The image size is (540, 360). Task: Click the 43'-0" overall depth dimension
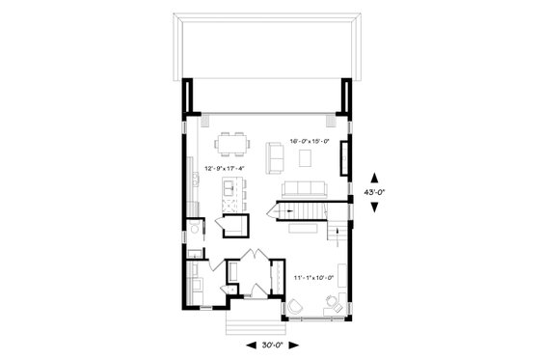pyautogui.click(x=376, y=191)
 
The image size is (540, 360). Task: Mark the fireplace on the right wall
pyautogui.click(x=343, y=153)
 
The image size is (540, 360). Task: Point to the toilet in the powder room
pyautogui.click(x=196, y=232)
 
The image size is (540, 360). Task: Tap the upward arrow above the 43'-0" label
pyautogui.click(x=376, y=177)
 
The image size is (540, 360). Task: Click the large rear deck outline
pyautogui.click(x=269, y=47)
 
